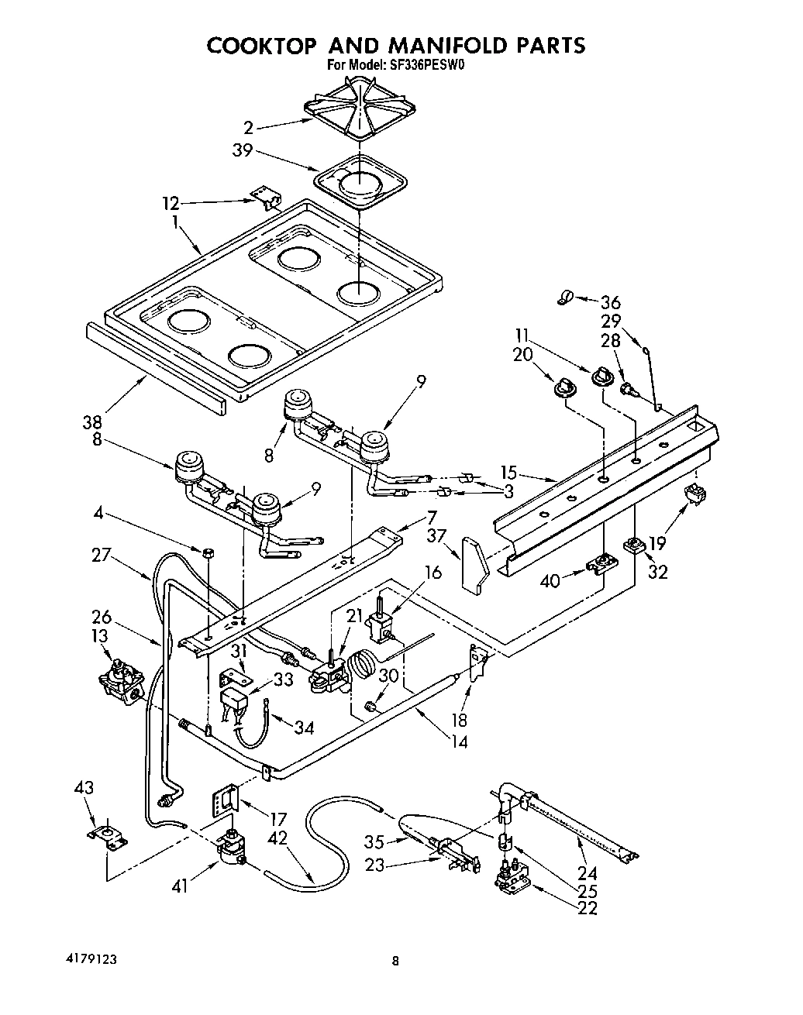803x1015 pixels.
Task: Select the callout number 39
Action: tap(243, 150)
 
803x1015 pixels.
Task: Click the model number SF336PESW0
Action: tap(419, 66)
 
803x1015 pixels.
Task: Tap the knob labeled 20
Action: tap(563, 384)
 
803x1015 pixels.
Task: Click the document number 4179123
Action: tap(91, 959)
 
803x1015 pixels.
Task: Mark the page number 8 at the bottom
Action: tap(395, 962)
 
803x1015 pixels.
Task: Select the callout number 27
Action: tap(101, 556)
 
